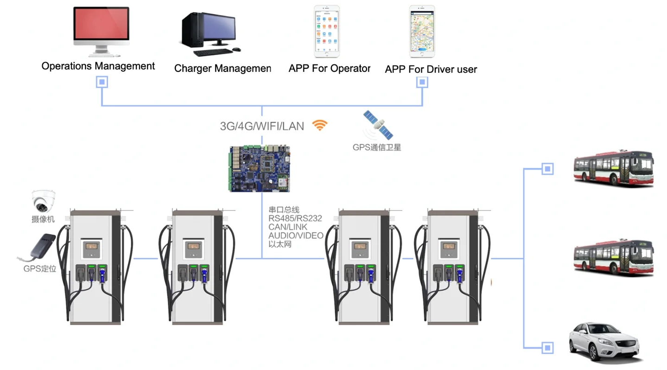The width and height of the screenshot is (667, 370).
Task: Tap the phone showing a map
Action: pyautogui.click(x=422, y=31)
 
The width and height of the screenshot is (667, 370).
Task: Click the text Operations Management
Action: pyautogui.click(x=98, y=66)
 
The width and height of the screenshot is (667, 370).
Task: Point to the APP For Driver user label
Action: pyautogui.click(x=431, y=70)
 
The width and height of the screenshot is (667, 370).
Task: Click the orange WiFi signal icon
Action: pyautogui.click(x=320, y=125)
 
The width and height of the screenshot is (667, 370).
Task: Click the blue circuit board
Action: pyautogui.click(x=260, y=168)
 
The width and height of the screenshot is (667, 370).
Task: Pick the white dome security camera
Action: pyautogui.click(x=44, y=201)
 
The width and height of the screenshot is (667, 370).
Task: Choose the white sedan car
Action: pyautogui.click(x=605, y=342)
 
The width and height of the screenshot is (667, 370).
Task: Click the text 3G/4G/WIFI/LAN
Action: pyautogui.click(x=262, y=126)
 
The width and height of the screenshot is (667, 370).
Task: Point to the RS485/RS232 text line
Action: pyautogui.click(x=295, y=219)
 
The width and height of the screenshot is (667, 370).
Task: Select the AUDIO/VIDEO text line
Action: pyautogui.click(x=296, y=236)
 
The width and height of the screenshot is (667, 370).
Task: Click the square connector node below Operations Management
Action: pyautogui.click(x=102, y=83)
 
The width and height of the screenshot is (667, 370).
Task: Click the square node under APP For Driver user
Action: pyautogui.click(x=422, y=83)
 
